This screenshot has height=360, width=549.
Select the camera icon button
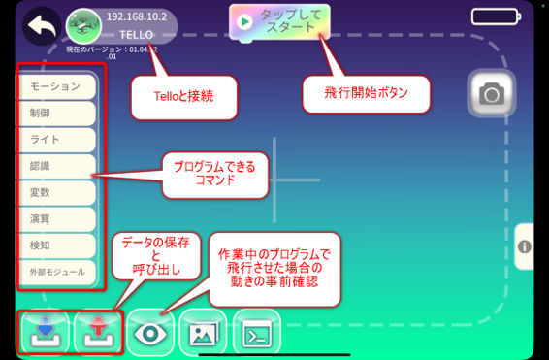click(x=492, y=93)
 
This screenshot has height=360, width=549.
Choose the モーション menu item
click(x=56, y=86)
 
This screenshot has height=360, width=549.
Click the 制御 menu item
click(x=56, y=114)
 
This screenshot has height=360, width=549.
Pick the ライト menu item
click(x=56, y=140)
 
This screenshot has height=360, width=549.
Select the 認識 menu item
click(x=56, y=166)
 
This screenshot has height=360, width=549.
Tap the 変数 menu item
click(x=56, y=192)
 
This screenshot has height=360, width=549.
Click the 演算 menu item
click(x=56, y=218)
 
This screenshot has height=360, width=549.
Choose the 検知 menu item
click(x=56, y=245)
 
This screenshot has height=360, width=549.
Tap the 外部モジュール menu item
click(x=56, y=272)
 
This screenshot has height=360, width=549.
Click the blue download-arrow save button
click(x=45, y=333)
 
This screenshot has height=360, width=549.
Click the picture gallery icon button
click(x=203, y=333)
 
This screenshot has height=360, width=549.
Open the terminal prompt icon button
click(x=255, y=333)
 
